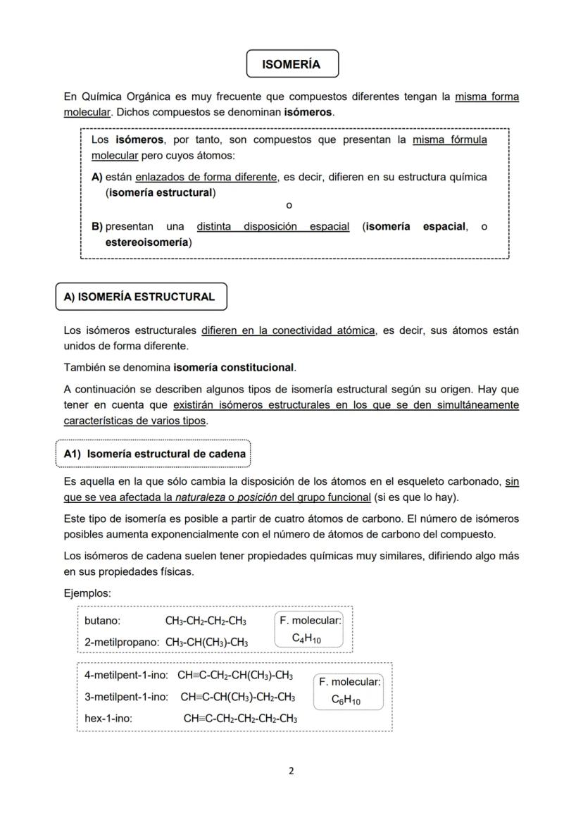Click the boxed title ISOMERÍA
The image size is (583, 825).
click(x=291, y=64)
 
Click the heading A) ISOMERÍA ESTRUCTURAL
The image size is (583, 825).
click(x=139, y=297)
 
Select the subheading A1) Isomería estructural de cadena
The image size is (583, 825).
click(x=153, y=454)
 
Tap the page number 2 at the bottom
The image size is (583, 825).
click(x=291, y=770)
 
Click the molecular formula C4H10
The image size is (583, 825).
click(x=306, y=639)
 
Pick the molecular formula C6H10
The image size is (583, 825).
click(x=346, y=701)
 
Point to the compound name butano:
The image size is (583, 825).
click(x=102, y=621)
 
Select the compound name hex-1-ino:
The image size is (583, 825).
click(x=108, y=719)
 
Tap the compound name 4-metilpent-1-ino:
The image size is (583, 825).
click(x=126, y=675)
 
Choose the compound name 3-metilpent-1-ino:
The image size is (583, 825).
click(x=126, y=697)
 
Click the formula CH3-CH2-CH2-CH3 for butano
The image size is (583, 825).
click(x=206, y=621)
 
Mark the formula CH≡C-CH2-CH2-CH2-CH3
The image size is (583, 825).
click(x=240, y=719)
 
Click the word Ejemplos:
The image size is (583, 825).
click(x=87, y=593)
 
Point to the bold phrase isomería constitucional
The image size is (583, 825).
click(x=234, y=367)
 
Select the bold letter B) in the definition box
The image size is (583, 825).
click(x=97, y=227)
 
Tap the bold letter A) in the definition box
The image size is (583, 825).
click(x=97, y=177)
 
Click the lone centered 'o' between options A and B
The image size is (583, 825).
click(x=289, y=205)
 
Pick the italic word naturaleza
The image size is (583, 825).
click(x=213, y=497)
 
